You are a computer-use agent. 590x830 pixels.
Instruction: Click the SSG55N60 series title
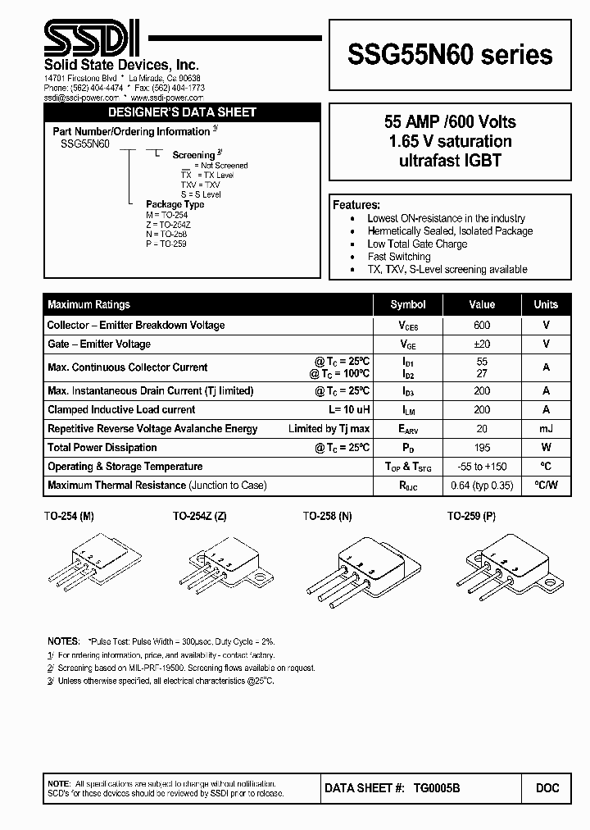pos(450,54)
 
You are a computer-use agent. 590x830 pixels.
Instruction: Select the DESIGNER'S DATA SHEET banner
pos(183,112)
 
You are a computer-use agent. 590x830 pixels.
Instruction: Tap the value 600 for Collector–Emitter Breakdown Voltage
pos(482,325)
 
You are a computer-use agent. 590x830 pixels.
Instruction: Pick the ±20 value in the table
pos(482,344)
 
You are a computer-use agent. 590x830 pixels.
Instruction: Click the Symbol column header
pos(407,304)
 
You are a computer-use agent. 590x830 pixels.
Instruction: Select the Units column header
pos(546,304)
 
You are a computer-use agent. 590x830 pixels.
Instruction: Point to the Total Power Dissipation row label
pos(102,448)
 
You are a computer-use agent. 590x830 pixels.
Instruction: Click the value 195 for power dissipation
pos(482,448)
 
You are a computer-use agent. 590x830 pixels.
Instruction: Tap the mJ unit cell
pos(546,429)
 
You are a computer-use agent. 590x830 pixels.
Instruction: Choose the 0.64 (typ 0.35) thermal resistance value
pos(482,486)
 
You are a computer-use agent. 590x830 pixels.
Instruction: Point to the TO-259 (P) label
pos(471,517)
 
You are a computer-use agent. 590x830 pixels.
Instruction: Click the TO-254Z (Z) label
pos(199,517)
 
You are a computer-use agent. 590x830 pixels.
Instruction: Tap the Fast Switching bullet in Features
pos(399,257)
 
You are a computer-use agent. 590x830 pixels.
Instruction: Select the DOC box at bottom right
pos(547,788)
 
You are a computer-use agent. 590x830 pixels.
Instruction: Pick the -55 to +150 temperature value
pos(482,467)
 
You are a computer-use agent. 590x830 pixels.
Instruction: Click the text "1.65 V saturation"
pos(449,141)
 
